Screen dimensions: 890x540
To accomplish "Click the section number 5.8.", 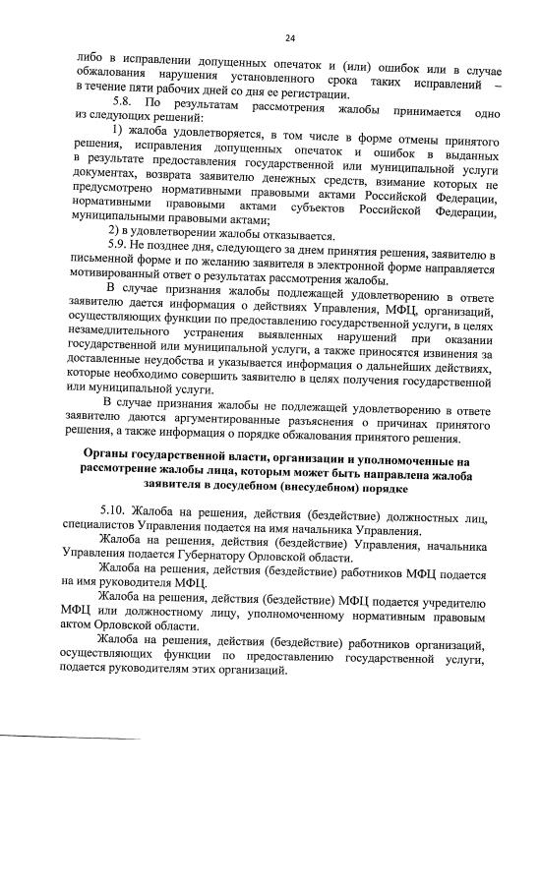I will pyautogui.click(x=124, y=102).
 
